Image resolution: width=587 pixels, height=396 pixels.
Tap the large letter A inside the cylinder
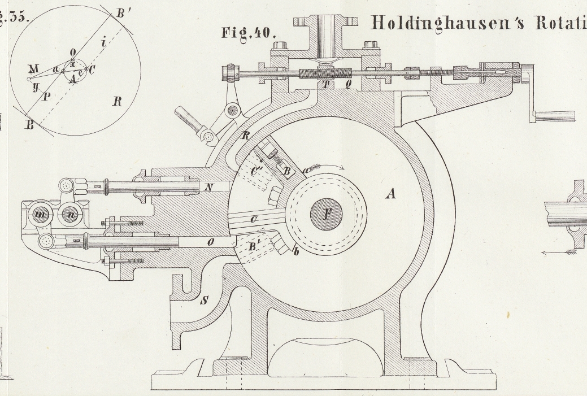pos(390,194)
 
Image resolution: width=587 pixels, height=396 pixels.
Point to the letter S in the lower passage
pos(203,301)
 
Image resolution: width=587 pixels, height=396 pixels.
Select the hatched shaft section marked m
pos(40,216)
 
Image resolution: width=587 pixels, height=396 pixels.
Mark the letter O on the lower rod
pos(210,242)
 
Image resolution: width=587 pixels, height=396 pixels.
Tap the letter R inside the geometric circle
pos(117,102)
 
